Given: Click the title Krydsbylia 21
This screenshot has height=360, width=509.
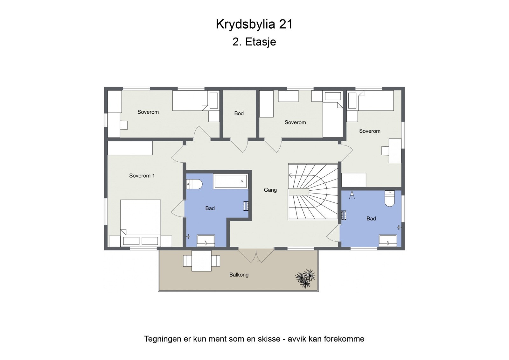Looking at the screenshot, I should [x=254, y=24].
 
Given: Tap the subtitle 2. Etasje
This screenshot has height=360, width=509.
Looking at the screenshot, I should [x=254, y=42].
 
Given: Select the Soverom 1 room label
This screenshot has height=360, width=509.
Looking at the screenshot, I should [x=142, y=176].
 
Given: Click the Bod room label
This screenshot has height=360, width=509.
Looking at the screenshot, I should [x=239, y=113].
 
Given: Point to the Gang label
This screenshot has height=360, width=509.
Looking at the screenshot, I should [x=270, y=190].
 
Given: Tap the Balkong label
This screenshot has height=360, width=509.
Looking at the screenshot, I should [x=239, y=275].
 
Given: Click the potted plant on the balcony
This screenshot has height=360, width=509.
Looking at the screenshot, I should [x=305, y=278].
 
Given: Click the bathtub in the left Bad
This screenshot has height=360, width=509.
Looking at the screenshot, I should [x=231, y=181].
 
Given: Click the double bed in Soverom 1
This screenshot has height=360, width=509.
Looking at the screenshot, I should [x=140, y=220].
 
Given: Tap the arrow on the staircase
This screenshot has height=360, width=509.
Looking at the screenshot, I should [x=291, y=175].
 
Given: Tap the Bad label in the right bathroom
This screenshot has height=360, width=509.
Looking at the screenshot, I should [x=371, y=219].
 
